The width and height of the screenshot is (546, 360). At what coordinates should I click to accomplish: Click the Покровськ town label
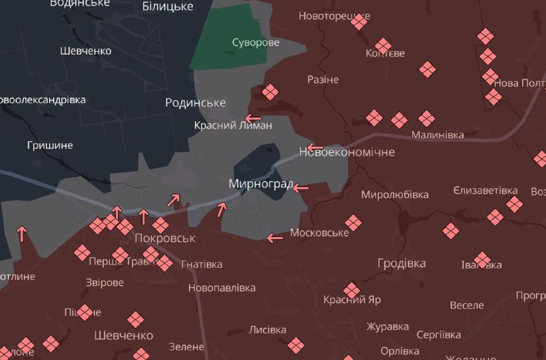pos(165,238)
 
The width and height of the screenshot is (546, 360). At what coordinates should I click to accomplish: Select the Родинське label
pos(195,102)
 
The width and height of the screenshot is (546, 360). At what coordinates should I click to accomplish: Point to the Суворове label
pos(255,42)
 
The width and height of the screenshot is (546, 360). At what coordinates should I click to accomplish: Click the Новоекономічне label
pos(347,152)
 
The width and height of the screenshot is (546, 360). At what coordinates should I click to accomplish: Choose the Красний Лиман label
pos(233,125)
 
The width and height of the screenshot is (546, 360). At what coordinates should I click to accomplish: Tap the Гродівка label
pos(401,263)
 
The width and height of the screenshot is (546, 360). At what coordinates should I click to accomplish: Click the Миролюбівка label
pos(394,195)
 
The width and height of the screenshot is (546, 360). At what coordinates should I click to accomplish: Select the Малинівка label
pos(437,135)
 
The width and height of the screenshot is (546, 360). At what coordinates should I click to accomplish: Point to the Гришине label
pos(50,146)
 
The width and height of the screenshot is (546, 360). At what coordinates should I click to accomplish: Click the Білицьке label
pos(167,7)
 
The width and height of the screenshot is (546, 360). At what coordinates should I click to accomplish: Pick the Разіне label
pos(323,79)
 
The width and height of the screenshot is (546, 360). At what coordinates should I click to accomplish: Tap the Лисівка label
pos(268,329)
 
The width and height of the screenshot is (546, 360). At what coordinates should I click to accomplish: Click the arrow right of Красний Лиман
pos(253,117)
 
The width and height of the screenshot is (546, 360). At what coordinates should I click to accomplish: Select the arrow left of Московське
pos(275,238)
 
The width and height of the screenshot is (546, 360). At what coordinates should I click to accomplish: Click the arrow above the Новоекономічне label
pos(315,147)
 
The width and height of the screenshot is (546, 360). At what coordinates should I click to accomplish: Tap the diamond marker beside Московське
pos(353,223)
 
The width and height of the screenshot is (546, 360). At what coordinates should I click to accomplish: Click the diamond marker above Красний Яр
pos(351,290)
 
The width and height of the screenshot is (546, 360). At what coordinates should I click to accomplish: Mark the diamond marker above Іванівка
pos(483,260)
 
